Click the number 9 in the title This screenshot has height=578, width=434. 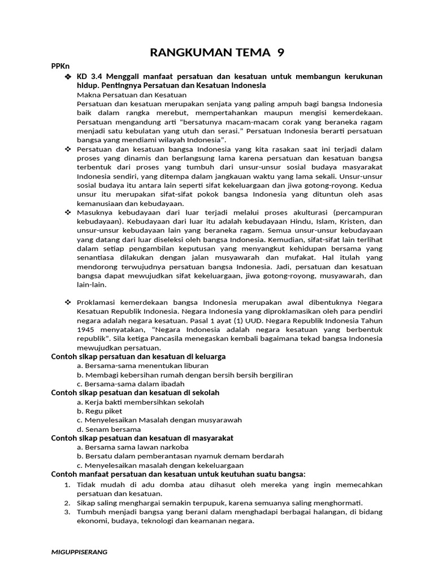280,53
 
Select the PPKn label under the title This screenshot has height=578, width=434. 59,66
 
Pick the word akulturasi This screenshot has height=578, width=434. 294,212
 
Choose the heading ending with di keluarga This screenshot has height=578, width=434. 138,357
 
